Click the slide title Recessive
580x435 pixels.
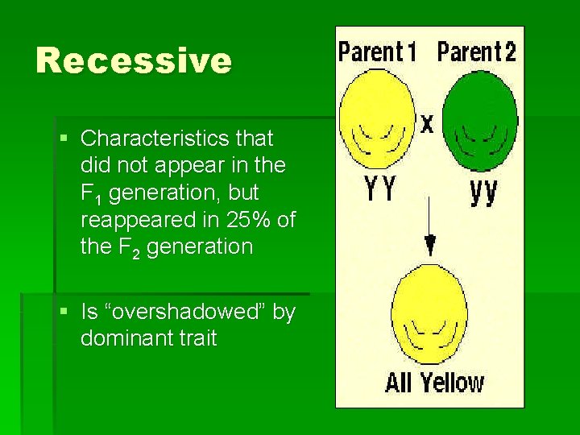coord(133,61)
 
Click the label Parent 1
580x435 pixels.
coord(377,52)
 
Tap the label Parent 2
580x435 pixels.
coord(476,52)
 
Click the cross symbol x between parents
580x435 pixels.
coord(427,123)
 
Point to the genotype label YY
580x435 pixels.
coord(379,191)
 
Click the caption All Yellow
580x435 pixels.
coord(434,382)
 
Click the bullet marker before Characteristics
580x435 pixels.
coord(64,139)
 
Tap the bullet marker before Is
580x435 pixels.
coord(64,312)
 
